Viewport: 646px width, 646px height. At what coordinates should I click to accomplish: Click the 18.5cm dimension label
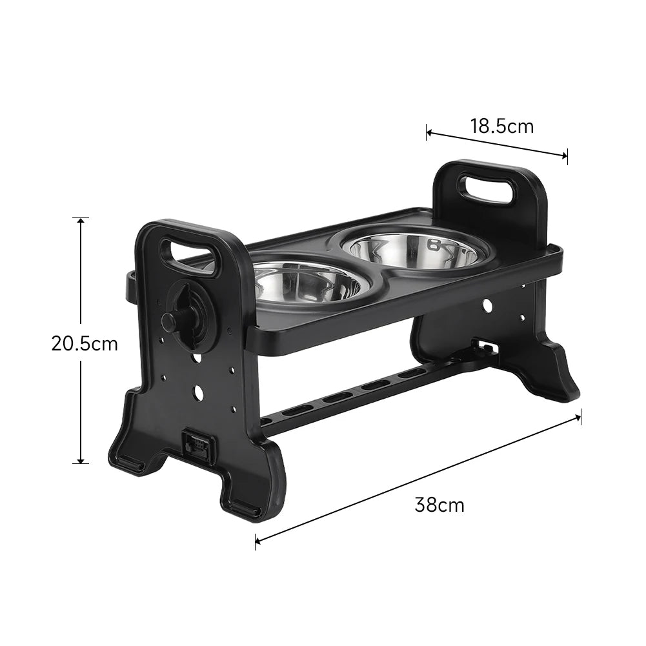(501, 126)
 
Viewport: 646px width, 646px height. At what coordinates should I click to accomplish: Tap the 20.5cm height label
(85, 344)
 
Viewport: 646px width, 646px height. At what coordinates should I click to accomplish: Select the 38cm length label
(439, 505)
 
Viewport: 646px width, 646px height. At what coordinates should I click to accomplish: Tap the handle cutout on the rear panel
(487, 188)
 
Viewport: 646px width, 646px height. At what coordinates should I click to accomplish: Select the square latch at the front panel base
(197, 444)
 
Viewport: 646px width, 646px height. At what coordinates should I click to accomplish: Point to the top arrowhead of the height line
(81, 219)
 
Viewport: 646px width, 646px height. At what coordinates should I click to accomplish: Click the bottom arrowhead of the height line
(81, 461)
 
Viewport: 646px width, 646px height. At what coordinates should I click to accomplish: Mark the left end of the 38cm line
(256, 541)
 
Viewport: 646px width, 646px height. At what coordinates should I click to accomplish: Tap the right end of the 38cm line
(580, 416)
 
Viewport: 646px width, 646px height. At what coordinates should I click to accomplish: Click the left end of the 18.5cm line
(427, 133)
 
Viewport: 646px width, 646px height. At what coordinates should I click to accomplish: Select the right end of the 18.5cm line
(567, 155)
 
